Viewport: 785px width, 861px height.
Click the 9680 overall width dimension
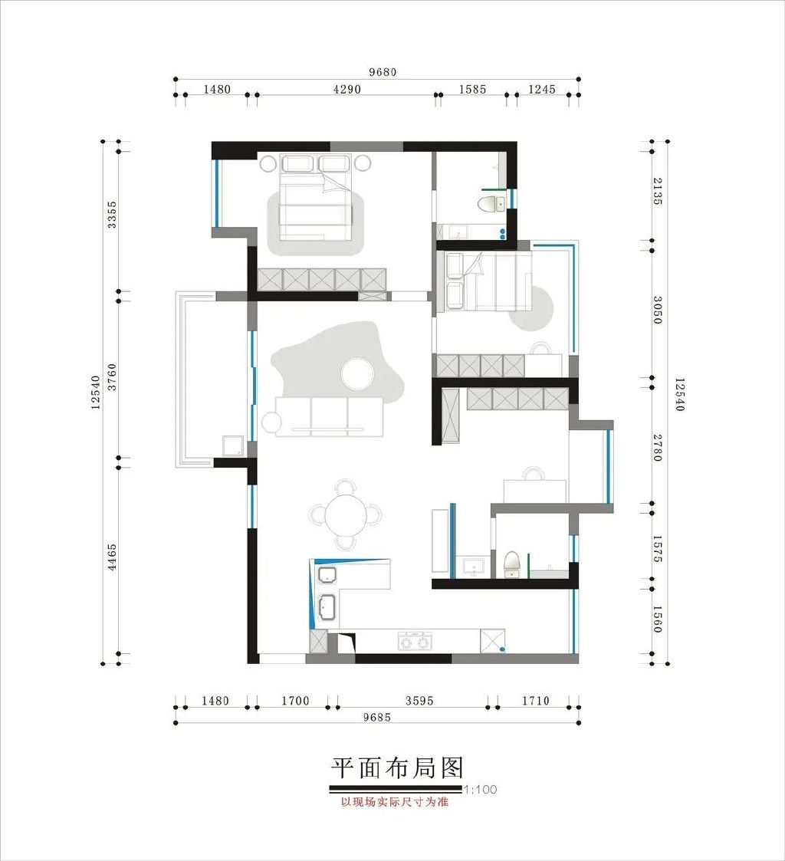(x=382, y=72)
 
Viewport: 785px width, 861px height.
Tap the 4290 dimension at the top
(x=347, y=89)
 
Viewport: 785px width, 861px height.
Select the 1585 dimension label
(x=473, y=89)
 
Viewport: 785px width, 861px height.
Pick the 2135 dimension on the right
(x=657, y=191)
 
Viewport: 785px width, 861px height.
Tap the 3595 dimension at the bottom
(x=419, y=701)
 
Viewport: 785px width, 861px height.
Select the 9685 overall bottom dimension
(x=377, y=717)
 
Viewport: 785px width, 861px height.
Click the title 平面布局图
(x=397, y=767)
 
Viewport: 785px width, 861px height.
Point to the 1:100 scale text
(x=481, y=790)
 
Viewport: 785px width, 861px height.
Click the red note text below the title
(x=395, y=802)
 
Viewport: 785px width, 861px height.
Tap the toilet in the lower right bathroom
(x=511, y=564)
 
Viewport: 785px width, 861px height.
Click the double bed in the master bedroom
(x=316, y=197)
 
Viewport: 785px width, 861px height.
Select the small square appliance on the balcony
(x=233, y=446)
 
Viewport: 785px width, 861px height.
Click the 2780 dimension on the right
(x=657, y=448)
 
